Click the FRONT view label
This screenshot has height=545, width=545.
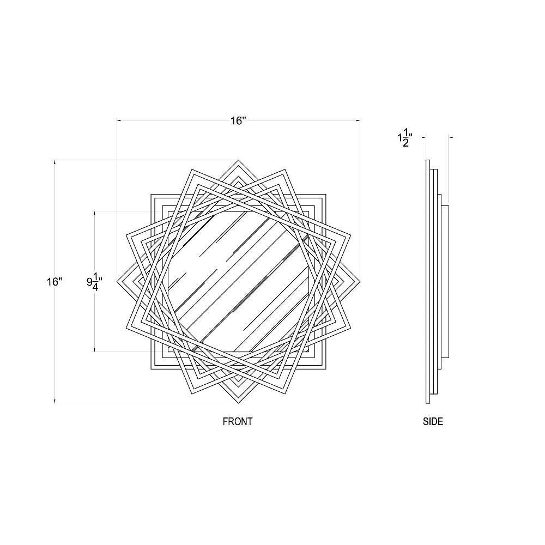pyautogui.click(x=238, y=422)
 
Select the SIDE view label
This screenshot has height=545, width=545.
pyautogui.click(x=433, y=422)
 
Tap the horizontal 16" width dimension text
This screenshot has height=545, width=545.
pyautogui.click(x=238, y=121)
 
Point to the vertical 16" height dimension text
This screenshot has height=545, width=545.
pyautogui.click(x=55, y=282)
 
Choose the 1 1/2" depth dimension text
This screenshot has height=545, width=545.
pyautogui.click(x=405, y=140)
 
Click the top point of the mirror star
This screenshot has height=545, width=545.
pyautogui.click(x=239, y=160)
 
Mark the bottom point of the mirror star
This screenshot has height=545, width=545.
pyautogui.click(x=239, y=403)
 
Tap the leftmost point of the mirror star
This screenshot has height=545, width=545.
pyautogui.click(x=117, y=282)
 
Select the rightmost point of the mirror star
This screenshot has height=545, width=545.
pyautogui.click(x=360, y=282)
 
